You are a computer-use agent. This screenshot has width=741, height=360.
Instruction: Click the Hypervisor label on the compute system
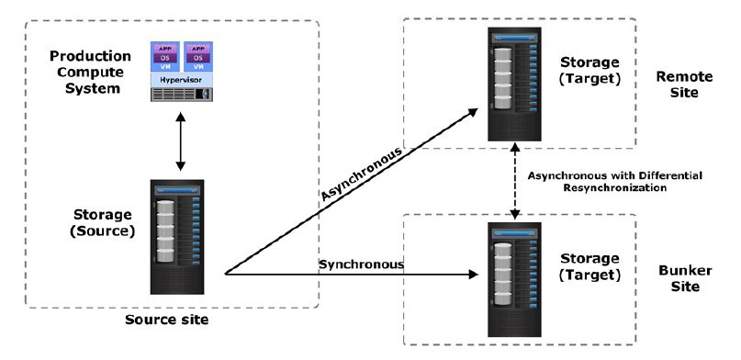(182, 80)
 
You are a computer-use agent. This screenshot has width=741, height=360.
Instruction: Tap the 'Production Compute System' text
(90, 73)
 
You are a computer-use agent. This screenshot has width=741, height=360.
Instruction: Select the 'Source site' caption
(166, 320)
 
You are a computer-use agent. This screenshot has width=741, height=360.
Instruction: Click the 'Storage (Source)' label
(102, 223)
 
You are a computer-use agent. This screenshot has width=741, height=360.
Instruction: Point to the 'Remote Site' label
(684, 84)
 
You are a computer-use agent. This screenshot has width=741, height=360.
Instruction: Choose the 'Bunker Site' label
(685, 278)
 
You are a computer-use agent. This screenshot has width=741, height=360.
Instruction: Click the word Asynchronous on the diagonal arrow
(362, 174)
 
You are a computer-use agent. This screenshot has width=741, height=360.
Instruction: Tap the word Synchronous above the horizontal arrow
(362, 264)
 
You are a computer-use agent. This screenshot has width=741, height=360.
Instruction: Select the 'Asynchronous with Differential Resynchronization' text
(615, 182)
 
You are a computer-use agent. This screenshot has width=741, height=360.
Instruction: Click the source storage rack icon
(177, 237)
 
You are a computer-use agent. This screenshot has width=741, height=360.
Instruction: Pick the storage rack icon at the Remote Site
(514, 84)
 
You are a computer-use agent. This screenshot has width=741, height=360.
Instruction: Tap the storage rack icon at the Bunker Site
(514, 280)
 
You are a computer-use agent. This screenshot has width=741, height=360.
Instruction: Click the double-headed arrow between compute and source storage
(181, 141)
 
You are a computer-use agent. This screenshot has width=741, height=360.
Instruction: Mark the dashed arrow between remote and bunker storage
(515, 182)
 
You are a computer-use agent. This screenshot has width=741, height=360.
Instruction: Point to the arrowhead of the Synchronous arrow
(474, 274)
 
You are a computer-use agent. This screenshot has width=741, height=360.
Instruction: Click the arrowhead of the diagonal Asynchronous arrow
(473, 111)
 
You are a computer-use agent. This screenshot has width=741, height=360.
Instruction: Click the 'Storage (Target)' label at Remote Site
(589, 71)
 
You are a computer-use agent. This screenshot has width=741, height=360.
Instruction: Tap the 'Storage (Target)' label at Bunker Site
(589, 266)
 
